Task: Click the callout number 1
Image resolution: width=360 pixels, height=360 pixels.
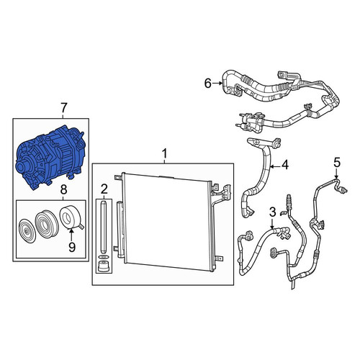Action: click(x=164, y=153)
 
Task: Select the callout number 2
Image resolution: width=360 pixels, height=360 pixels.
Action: click(x=104, y=189)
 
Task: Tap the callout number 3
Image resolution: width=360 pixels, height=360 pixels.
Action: click(x=272, y=212)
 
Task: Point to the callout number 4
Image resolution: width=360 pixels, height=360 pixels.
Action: click(x=285, y=165)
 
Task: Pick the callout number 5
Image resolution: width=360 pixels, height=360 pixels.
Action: click(x=337, y=163)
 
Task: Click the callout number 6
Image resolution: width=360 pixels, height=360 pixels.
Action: click(x=207, y=84)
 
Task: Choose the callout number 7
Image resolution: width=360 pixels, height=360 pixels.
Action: click(x=63, y=108)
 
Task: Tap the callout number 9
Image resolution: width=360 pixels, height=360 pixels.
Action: click(x=72, y=247)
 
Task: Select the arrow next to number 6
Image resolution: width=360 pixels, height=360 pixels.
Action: click(x=217, y=84)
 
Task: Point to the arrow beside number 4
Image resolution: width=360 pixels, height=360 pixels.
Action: click(x=275, y=166)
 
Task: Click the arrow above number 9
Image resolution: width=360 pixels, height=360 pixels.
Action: click(x=71, y=235)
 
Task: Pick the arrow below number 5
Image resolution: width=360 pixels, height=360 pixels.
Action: click(x=336, y=174)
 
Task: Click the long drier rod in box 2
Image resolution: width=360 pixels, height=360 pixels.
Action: click(x=104, y=227)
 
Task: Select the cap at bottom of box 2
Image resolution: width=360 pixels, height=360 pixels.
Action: click(x=104, y=266)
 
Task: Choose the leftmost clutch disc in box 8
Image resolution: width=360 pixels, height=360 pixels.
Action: click(x=27, y=231)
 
